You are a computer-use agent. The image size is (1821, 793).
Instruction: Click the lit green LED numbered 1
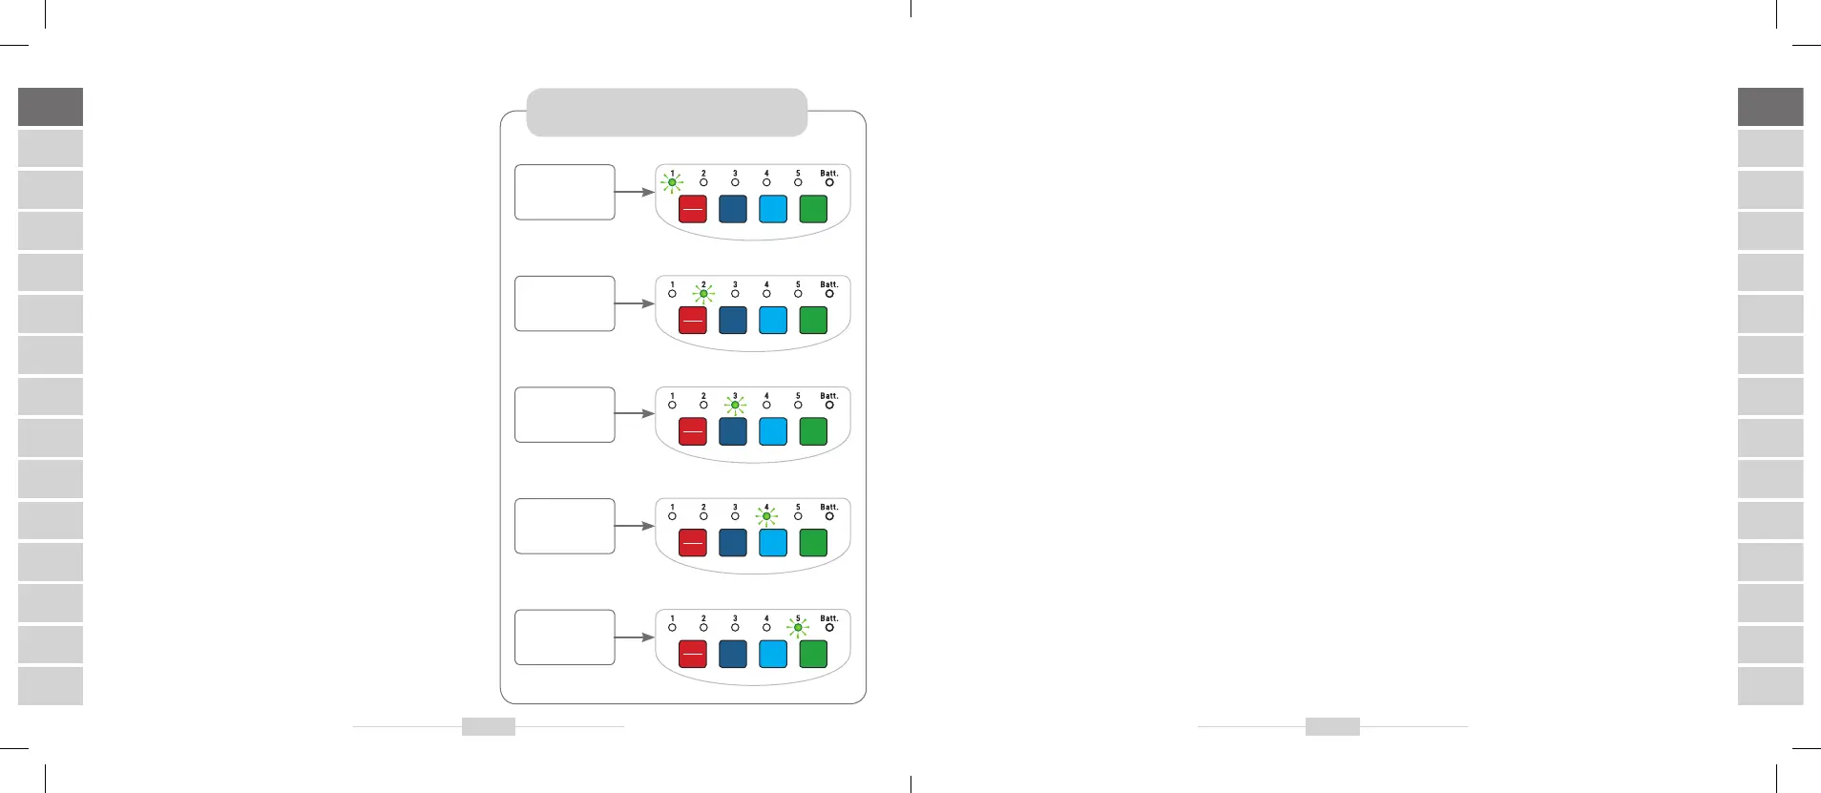click(672, 182)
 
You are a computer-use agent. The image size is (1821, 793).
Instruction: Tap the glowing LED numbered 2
click(703, 294)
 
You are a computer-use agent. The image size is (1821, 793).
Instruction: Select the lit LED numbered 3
click(735, 405)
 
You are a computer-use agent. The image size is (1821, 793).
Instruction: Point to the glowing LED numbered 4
click(766, 516)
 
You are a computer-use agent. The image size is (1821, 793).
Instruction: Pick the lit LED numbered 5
click(798, 627)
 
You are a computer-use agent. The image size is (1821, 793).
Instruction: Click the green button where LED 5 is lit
click(813, 654)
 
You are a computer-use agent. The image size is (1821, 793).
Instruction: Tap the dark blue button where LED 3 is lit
click(733, 431)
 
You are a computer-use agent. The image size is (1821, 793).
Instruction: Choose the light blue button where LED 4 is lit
click(773, 543)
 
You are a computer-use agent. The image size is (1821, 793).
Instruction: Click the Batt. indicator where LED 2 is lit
click(829, 293)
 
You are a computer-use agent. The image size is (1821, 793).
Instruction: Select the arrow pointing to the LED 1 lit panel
click(634, 192)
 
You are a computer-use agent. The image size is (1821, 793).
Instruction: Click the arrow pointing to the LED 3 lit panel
click(634, 414)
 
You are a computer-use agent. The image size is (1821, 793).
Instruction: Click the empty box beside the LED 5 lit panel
click(564, 637)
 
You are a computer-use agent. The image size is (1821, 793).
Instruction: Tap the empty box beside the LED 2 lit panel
click(564, 303)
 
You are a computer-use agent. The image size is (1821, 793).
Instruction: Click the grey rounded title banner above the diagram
click(666, 113)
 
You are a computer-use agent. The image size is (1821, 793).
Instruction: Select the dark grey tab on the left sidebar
click(51, 107)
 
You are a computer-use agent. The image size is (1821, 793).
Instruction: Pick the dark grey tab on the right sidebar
click(1770, 107)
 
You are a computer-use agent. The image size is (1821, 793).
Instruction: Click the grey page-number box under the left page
click(489, 727)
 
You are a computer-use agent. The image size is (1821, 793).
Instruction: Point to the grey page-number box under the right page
click(1332, 727)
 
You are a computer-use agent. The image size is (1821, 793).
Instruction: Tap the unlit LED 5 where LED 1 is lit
click(798, 182)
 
